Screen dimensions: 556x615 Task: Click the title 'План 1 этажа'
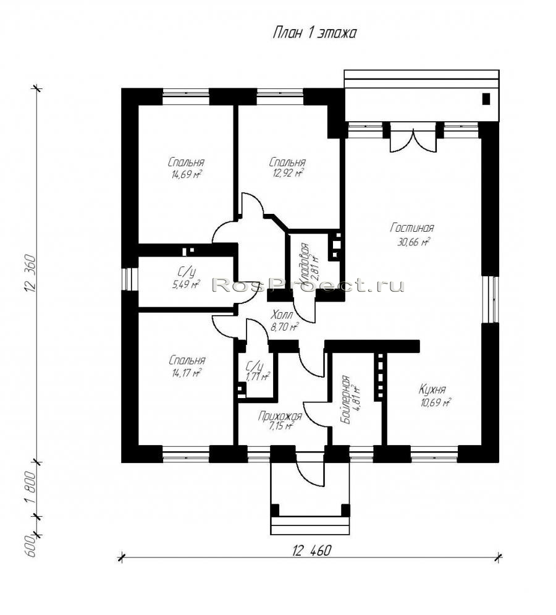pyautogui.click(x=314, y=33)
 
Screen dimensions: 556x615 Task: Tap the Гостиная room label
pyautogui.click(x=412, y=227)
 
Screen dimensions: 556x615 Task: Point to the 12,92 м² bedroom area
pyautogui.click(x=288, y=172)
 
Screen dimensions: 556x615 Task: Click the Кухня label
pyautogui.click(x=432, y=389)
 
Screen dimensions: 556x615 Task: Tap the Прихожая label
pyautogui.click(x=280, y=416)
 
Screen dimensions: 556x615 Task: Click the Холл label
pyautogui.click(x=282, y=315)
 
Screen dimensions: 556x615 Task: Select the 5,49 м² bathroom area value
pyautogui.click(x=186, y=284)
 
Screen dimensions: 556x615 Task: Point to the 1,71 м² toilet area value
pyautogui.click(x=257, y=376)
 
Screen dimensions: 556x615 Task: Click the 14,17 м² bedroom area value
pyautogui.click(x=186, y=372)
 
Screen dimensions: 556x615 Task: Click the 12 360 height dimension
pyautogui.click(x=31, y=273)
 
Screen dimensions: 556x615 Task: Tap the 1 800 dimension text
pyautogui.click(x=31, y=489)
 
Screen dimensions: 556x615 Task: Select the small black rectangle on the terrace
pyautogui.click(x=486, y=98)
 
